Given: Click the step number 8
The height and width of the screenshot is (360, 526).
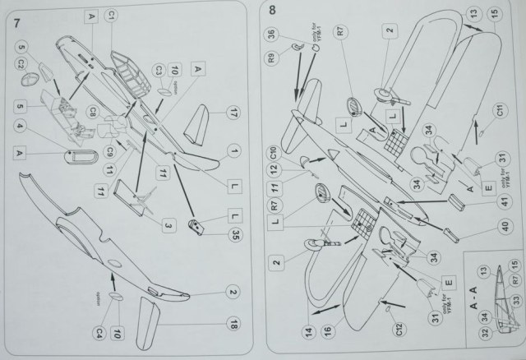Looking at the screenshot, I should (271, 11).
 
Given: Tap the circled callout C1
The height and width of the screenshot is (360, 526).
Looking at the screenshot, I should (112, 16).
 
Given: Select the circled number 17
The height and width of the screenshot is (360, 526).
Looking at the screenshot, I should (233, 113).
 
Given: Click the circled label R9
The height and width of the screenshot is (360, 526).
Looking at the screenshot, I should (272, 58).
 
